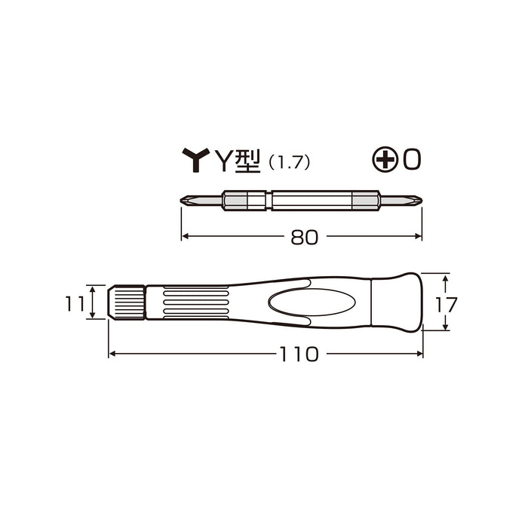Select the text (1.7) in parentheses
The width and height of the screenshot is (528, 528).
(x=291, y=161)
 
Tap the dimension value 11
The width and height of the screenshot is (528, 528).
(x=74, y=302)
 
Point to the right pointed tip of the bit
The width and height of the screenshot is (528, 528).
(x=419, y=201)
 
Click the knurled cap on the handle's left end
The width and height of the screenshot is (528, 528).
(x=128, y=302)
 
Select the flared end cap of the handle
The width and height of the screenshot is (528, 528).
(x=398, y=302)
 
